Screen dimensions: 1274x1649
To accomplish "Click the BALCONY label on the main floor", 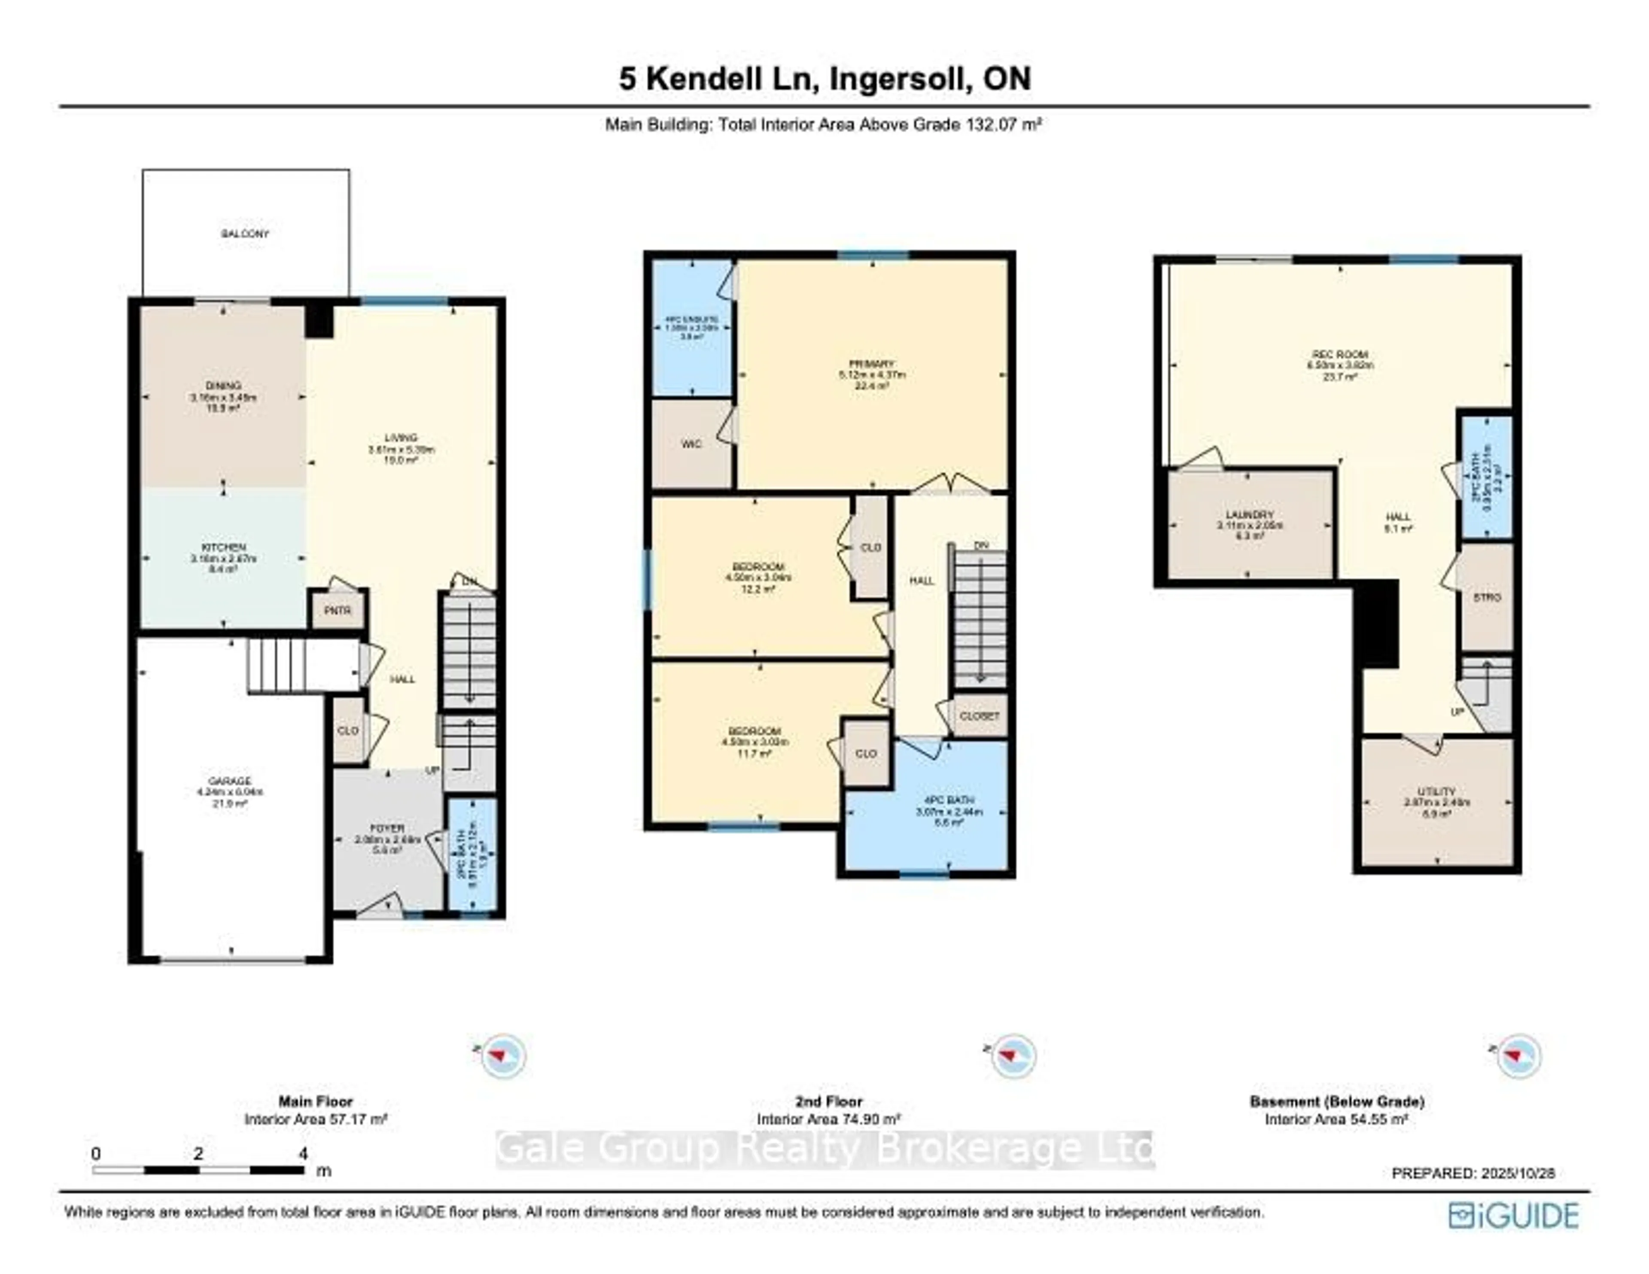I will click(x=245, y=234).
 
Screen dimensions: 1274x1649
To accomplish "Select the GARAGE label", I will click(x=230, y=781).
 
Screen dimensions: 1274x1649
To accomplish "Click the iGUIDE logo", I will click(x=1513, y=1215).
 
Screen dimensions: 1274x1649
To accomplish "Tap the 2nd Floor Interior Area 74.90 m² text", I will click(x=828, y=1119).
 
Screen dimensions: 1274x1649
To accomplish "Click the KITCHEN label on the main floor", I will click(x=223, y=547).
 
